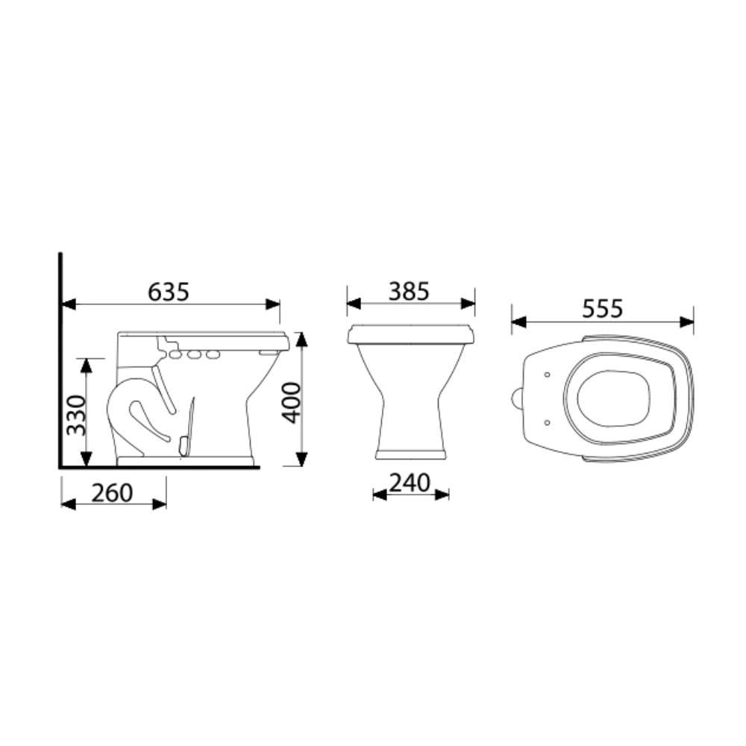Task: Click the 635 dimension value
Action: click(x=169, y=292)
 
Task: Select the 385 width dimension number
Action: click(x=409, y=292)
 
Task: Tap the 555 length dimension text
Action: click(x=601, y=309)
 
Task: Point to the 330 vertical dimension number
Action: click(x=76, y=414)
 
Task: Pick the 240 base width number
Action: click(x=410, y=483)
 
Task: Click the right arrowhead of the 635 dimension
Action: click(x=274, y=304)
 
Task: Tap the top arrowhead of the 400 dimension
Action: click(x=301, y=339)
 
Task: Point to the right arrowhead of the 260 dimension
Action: click(x=160, y=504)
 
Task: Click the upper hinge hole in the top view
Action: click(x=548, y=374)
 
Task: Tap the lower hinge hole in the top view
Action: click(x=548, y=422)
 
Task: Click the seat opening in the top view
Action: click(x=617, y=398)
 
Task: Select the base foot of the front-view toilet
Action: click(x=410, y=454)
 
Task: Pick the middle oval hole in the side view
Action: click(x=193, y=354)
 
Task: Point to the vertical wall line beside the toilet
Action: click(x=60, y=358)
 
